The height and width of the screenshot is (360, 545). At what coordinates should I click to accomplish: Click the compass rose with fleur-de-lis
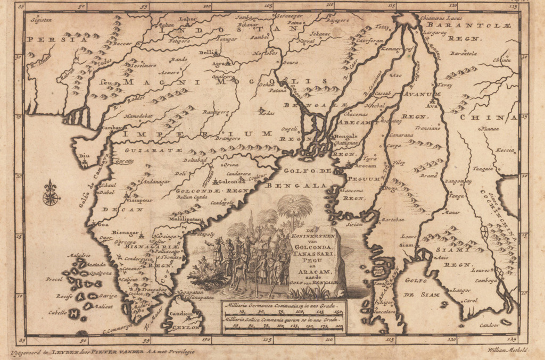pyautogui.click(x=51, y=194)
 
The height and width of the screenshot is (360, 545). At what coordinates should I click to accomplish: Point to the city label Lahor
pyautogui.click(x=188, y=20)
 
